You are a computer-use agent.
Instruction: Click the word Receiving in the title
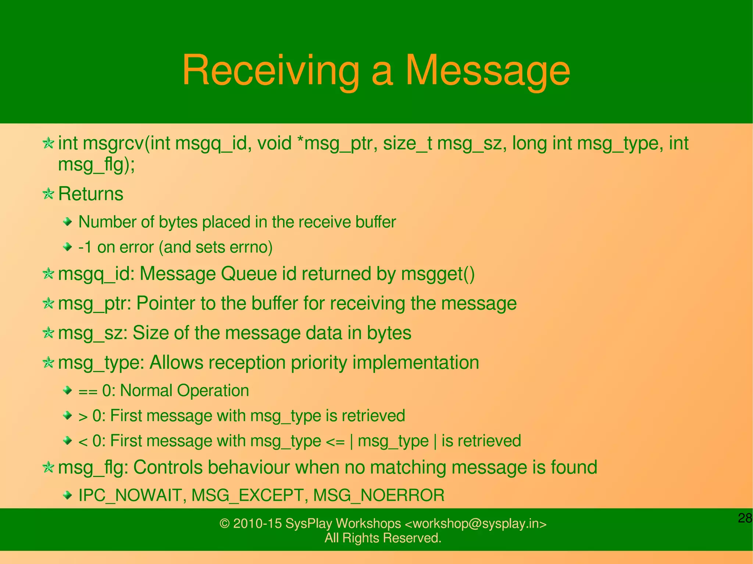[x=271, y=71]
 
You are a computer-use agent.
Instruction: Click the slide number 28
[x=745, y=518]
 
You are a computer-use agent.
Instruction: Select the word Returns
[x=91, y=194]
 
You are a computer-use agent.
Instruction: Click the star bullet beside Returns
[x=48, y=194]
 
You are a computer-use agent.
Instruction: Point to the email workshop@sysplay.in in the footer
[x=476, y=523]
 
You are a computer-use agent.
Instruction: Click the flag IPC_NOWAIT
[x=130, y=495]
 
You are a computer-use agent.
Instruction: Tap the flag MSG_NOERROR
[x=379, y=495]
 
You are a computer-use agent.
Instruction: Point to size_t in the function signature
[x=407, y=143]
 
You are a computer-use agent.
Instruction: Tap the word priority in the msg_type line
[x=319, y=363]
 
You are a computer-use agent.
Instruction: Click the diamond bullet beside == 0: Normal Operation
[x=67, y=390]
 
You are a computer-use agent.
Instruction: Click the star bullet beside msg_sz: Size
[x=48, y=333]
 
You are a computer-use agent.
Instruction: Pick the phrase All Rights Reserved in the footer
[x=383, y=538]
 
